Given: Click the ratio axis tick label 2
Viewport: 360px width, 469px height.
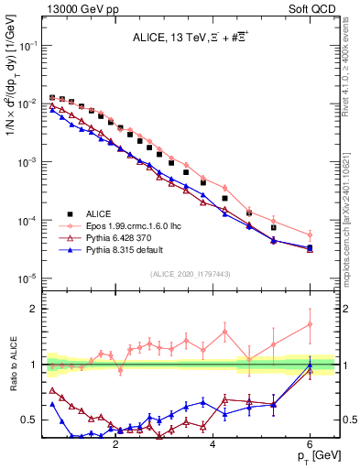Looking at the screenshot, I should pyautogui.click(x=33, y=309).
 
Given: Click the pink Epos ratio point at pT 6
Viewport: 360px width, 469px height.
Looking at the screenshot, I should pyautogui.click(x=311, y=324).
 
